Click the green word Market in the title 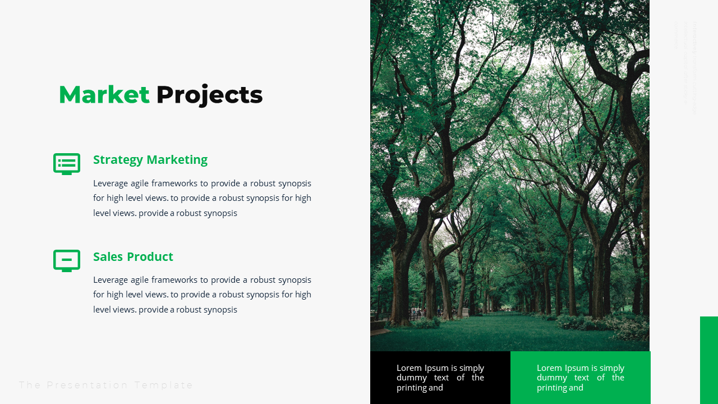pyautogui.click(x=104, y=95)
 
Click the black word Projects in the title pyautogui.click(x=209, y=95)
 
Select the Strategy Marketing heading pyautogui.click(x=150, y=160)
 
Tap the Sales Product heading pyautogui.click(x=133, y=257)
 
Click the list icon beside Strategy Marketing pyautogui.click(x=67, y=164)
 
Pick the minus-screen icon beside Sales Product pyautogui.click(x=67, y=260)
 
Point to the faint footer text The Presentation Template pyautogui.click(x=106, y=385)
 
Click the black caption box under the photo pyautogui.click(x=440, y=378)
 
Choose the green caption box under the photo pyautogui.click(x=581, y=378)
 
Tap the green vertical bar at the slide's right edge pyautogui.click(x=709, y=360)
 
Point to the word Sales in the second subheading pyautogui.click(x=107, y=257)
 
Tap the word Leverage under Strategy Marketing pyautogui.click(x=110, y=183)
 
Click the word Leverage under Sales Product pyautogui.click(x=110, y=280)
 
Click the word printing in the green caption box pyautogui.click(x=552, y=388)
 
